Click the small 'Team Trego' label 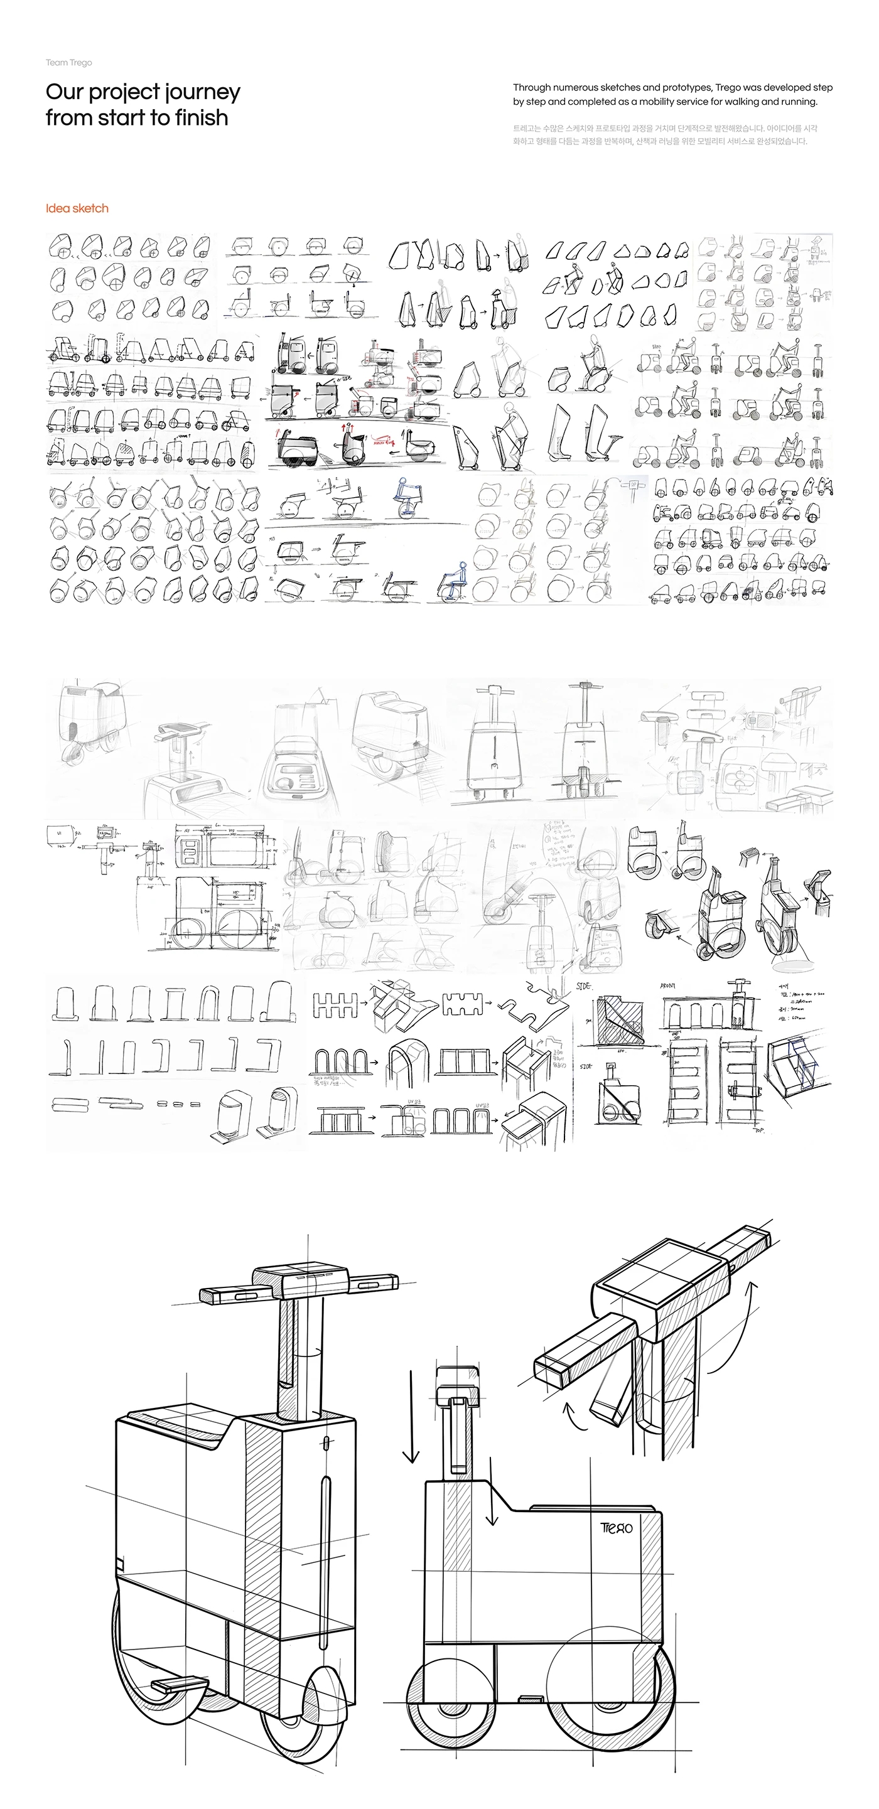pos(69,63)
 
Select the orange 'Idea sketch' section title pos(77,208)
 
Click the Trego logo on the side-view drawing pos(616,1528)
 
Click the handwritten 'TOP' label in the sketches pos(759,1131)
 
